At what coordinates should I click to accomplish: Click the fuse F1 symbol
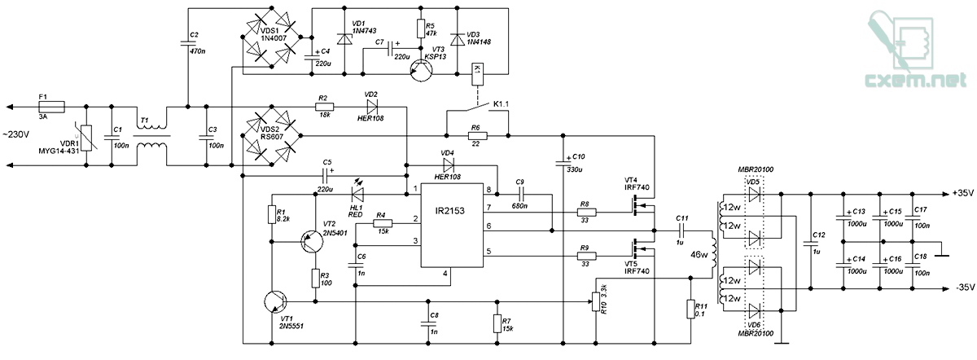(52, 107)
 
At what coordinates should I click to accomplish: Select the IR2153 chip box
(452, 225)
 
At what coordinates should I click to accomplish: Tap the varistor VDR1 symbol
(86, 138)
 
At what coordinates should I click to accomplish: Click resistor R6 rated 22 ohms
(478, 136)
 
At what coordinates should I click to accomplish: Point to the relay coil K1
(477, 74)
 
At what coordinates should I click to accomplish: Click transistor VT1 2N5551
(276, 301)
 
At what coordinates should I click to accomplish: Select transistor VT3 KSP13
(421, 70)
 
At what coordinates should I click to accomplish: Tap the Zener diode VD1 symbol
(344, 39)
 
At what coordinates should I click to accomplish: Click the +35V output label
(963, 193)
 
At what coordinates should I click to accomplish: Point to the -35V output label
(965, 288)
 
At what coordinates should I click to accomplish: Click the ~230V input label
(16, 135)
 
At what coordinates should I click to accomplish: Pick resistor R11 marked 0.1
(690, 309)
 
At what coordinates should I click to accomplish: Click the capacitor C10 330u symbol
(563, 163)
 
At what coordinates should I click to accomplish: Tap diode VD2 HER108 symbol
(371, 107)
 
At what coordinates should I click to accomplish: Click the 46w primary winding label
(699, 255)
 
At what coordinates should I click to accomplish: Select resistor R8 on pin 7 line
(586, 213)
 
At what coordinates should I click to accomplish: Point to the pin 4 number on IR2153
(445, 274)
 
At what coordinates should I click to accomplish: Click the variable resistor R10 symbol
(596, 301)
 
